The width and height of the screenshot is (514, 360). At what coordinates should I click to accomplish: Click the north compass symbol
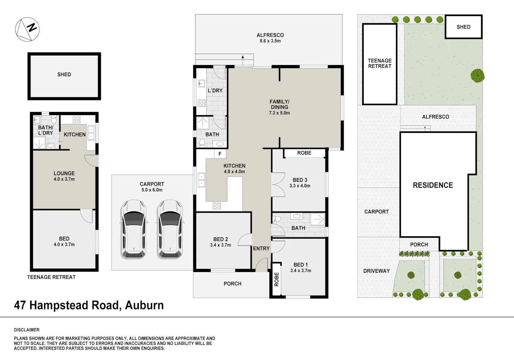pos(27,29)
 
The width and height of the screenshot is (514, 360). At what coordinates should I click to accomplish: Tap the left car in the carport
pos(134,229)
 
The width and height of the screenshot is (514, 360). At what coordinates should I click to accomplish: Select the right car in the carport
pos(170,229)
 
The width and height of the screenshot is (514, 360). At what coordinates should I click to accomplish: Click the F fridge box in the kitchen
pos(220,154)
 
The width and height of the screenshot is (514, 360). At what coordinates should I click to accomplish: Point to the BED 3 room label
pos(300,180)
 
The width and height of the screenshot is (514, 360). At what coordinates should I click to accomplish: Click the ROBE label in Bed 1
pos(277,279)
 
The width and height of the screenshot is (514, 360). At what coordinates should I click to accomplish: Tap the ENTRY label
pos(261,248)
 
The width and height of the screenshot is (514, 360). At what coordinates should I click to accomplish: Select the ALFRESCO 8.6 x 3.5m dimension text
pos(270,41)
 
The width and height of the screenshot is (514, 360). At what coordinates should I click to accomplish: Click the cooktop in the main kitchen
pos(217,206)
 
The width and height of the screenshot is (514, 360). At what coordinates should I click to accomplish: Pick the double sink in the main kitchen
pos(201,180)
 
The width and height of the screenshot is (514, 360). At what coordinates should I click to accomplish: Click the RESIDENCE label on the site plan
pos(433,185)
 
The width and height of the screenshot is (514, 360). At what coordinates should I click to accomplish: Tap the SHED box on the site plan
pos(464,27)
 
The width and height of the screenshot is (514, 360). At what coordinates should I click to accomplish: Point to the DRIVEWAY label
pos(376,271)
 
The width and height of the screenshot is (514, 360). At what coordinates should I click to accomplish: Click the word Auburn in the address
pos(144,306)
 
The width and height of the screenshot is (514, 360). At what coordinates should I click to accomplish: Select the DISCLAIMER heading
pos(27,330)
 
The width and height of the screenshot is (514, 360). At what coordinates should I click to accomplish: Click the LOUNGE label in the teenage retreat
pos(64,173)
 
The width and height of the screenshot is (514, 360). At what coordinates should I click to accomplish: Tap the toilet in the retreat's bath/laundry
pos(54,119)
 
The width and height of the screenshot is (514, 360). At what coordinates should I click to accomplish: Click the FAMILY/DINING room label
pos(279,104)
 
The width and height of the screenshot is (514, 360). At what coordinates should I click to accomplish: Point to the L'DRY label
pos(215,91)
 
